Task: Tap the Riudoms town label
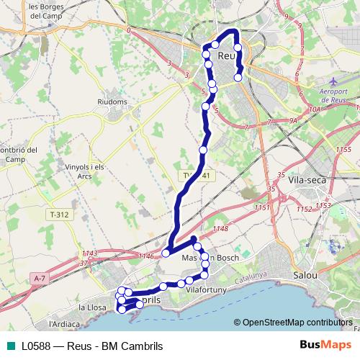(x=111, y=102)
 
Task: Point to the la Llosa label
(x=92, y=307)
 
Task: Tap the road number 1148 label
(x=220, y=230)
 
